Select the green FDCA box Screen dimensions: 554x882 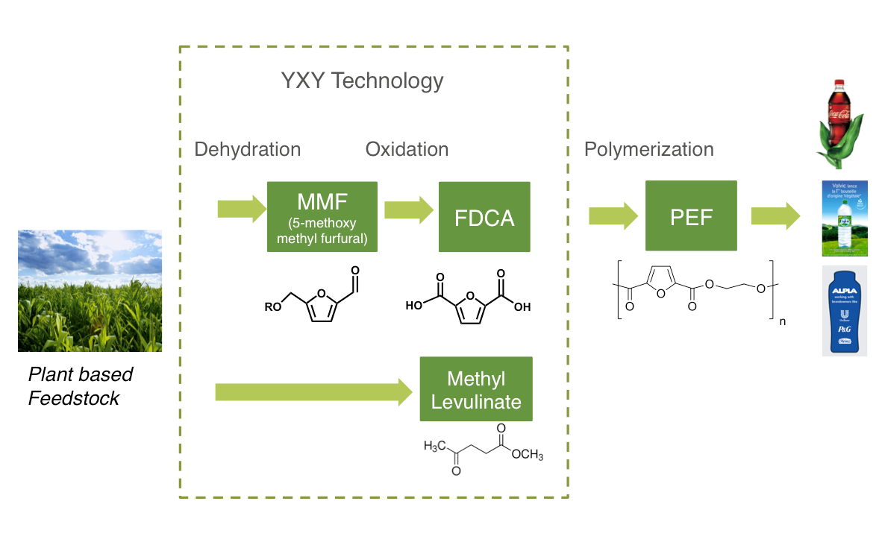click(x=484, y=217)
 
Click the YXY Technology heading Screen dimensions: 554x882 click(x=361, y=81)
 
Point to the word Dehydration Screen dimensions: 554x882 click(x=247, y=149)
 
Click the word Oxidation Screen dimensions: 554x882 click(x=407, y=149)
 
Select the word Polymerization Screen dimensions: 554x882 click(x=648, y=149)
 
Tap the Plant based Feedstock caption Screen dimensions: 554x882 click(x=80, y=386)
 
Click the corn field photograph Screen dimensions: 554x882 click(x=90, y=291)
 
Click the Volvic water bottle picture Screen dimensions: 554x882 click(x=844, y=218)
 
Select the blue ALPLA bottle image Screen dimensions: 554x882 click(x=844, y=310)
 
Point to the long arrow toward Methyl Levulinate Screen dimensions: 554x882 click(x=313, y=391)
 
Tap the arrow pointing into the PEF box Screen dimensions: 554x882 click(x=613, y=216)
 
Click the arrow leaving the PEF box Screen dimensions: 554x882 click(x=775, y=216)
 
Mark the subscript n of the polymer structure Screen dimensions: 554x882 click(x=781, y=322)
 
